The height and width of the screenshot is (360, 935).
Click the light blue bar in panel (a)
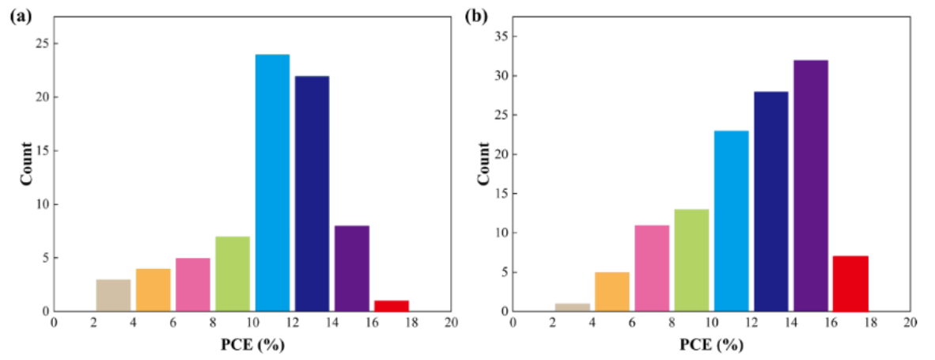(x=272, y=183)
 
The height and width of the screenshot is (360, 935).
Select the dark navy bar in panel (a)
(x=312, y=194)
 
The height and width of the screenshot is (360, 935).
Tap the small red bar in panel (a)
(x=392, y=305)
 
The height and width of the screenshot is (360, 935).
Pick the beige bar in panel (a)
(x=113, y=295)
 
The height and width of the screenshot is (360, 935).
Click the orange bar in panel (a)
(x=153, y=290)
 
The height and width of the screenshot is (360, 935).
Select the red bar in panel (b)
(x=850, y=283)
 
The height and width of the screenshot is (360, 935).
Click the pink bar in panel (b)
(x=652, y=268)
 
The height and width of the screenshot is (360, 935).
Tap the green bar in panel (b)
(x=691, y=260)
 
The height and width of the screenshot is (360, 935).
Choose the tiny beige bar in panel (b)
(x=572, y=307)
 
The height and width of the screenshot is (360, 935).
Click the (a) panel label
(x=20, y=16)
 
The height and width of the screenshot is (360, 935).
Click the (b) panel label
(x=476, y=16)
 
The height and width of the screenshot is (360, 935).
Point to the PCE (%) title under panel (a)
(x=252, y=346)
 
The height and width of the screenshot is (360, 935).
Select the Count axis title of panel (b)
(x=483, y=165)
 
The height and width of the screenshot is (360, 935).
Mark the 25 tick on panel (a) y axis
(x=40, y=44)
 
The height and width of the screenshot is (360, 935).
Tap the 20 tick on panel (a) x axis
(x=451, y=323)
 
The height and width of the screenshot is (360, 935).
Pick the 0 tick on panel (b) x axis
(x=513, y=323)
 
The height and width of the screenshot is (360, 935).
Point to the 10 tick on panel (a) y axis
(x=40, y=204)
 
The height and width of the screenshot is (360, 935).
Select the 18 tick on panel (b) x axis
(x=870, y=323)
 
